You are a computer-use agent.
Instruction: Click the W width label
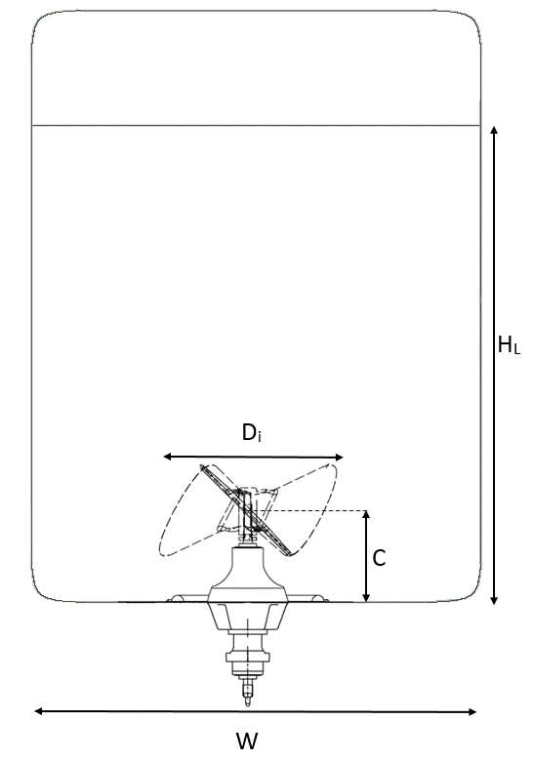click(247, 741)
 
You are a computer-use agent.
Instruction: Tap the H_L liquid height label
click(509, 345)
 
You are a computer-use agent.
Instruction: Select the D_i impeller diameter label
click(252, 432)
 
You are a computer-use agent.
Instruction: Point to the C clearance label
click(379, 558)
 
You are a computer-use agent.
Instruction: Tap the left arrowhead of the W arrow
click(38, 711)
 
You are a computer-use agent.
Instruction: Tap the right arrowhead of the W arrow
click(471, 711)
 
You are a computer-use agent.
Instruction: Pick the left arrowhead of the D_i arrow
click(167, 457)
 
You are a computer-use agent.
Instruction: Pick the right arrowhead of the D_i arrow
click(339, 457)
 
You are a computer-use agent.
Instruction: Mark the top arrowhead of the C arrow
click(367, 514)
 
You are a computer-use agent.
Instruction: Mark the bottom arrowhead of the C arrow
click(367, 598)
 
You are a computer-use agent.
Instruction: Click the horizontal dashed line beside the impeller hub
click(310, 511)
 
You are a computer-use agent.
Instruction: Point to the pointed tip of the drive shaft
click(248, 703)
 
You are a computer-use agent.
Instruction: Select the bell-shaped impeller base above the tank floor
click(248, 575)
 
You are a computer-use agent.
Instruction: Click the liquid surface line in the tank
click(256, 126)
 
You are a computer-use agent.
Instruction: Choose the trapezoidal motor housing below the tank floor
click(248, 617)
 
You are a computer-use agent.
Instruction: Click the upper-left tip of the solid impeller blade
click(202, 466)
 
